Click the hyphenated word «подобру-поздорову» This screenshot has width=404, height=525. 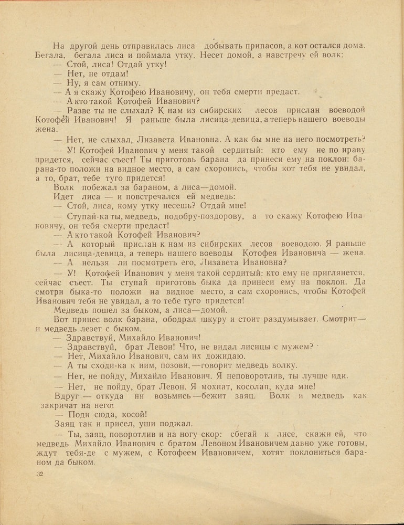coord(192,216)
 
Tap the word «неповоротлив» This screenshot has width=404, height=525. coord(255,376)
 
